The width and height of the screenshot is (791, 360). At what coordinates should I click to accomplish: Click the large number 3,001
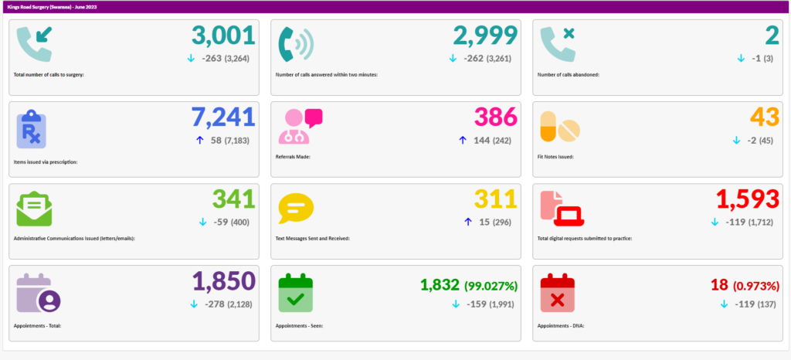click(x=223, y=36)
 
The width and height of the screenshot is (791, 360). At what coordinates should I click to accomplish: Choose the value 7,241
click(x=223, y=117)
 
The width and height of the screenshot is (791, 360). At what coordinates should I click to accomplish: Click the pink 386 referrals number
click(x=495, y=117)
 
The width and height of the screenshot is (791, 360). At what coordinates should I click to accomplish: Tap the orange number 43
click(x=763, y=117)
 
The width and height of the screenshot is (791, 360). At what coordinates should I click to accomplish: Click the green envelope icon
click(x=34, y=209)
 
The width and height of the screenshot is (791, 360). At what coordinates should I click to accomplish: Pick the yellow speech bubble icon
click(x=296, y=209)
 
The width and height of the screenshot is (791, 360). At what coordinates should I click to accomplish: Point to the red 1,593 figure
click(x=747, y=199)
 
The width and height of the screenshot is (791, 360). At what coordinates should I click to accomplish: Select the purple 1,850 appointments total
click(x=223, y=281)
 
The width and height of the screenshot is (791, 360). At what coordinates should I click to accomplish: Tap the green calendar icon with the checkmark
click(x=295, y=293)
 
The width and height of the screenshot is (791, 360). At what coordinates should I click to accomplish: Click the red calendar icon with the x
click(x=558, y=293)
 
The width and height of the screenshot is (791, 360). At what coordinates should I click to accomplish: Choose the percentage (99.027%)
click(x=491, y=285)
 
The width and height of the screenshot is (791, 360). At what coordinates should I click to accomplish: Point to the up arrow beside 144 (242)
click(x=463, y=140)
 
